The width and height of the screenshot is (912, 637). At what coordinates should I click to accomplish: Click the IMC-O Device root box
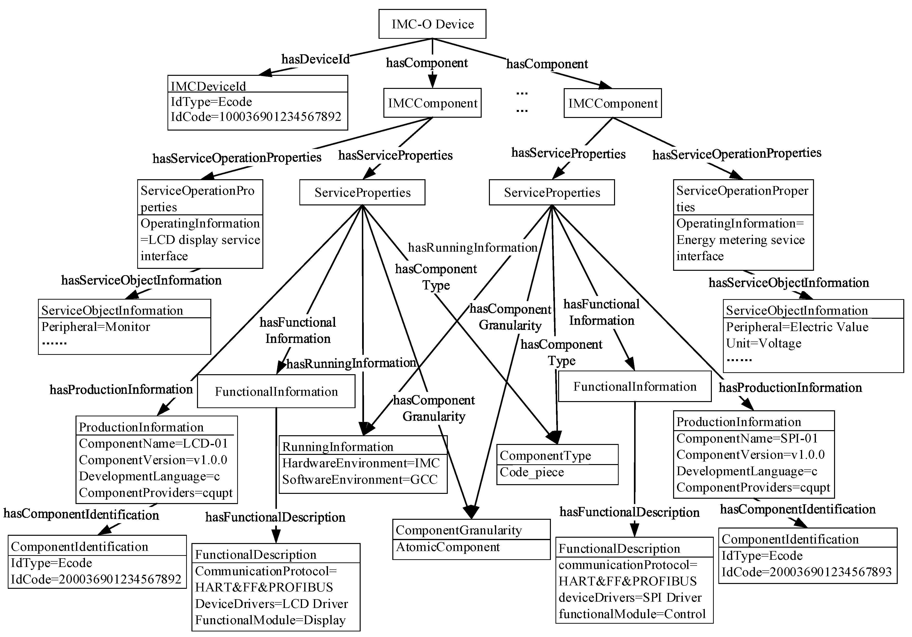(432, 24)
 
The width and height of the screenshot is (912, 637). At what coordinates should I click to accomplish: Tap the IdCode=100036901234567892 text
(256, 117)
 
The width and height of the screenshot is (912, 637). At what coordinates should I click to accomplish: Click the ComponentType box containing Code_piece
(557, 464)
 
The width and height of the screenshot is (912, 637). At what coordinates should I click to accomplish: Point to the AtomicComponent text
(448, 547)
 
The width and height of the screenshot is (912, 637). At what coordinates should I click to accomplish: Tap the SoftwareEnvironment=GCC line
(359, 480)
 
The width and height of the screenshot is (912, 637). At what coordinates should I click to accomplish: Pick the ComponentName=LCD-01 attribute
(153, 443)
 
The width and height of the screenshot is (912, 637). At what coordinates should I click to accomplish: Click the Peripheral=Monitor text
(96, 327)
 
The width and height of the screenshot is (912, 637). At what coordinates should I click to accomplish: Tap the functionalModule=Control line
(632, 614)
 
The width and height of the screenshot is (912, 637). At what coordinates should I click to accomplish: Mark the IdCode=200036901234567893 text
(806, 572)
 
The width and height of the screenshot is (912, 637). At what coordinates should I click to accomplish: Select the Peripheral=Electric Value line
(797, 327)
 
